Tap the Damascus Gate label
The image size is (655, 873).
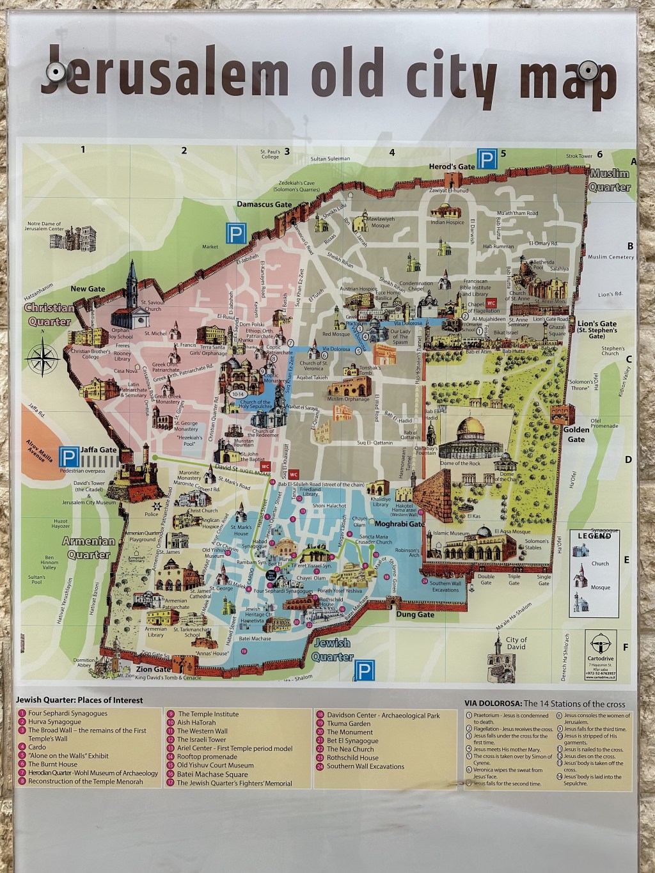click(x=264, y=205)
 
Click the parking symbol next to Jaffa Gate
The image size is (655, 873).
click(x=68, y=457)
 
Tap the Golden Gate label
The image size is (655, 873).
click(x=576, y=434)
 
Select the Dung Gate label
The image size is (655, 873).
click(x=415, y=615)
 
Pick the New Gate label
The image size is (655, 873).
click(x=88, y=289)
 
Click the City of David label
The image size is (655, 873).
click(x=516, y=643)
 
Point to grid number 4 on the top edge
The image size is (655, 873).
click(x=392, y=152)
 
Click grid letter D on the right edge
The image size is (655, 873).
click(x=628, y=459)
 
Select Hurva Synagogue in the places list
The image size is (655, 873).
click(x=54, y=721)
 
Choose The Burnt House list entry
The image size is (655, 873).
click(x=52, y=764)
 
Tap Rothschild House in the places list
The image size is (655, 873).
click(x=352, y=757)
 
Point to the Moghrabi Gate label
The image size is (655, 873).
click(x=399, y=524)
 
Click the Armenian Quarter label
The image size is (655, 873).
click(x=89, y=547)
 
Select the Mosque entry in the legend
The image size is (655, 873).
click(x=600, y=587)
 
